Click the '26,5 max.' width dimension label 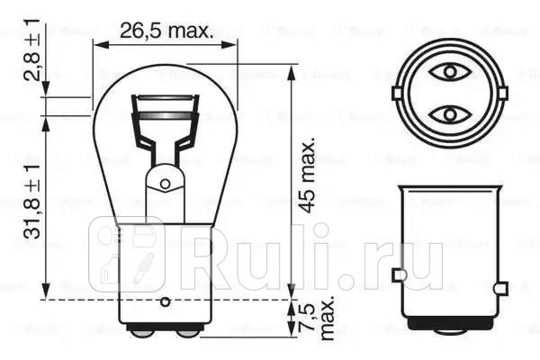click(166, 31)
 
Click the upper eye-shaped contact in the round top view click(446, 71)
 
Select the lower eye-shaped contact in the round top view click(446, 114)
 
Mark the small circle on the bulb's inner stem click(165, 184)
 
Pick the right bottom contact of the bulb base click(186, 332)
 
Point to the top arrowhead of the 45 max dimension click(292, 70)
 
